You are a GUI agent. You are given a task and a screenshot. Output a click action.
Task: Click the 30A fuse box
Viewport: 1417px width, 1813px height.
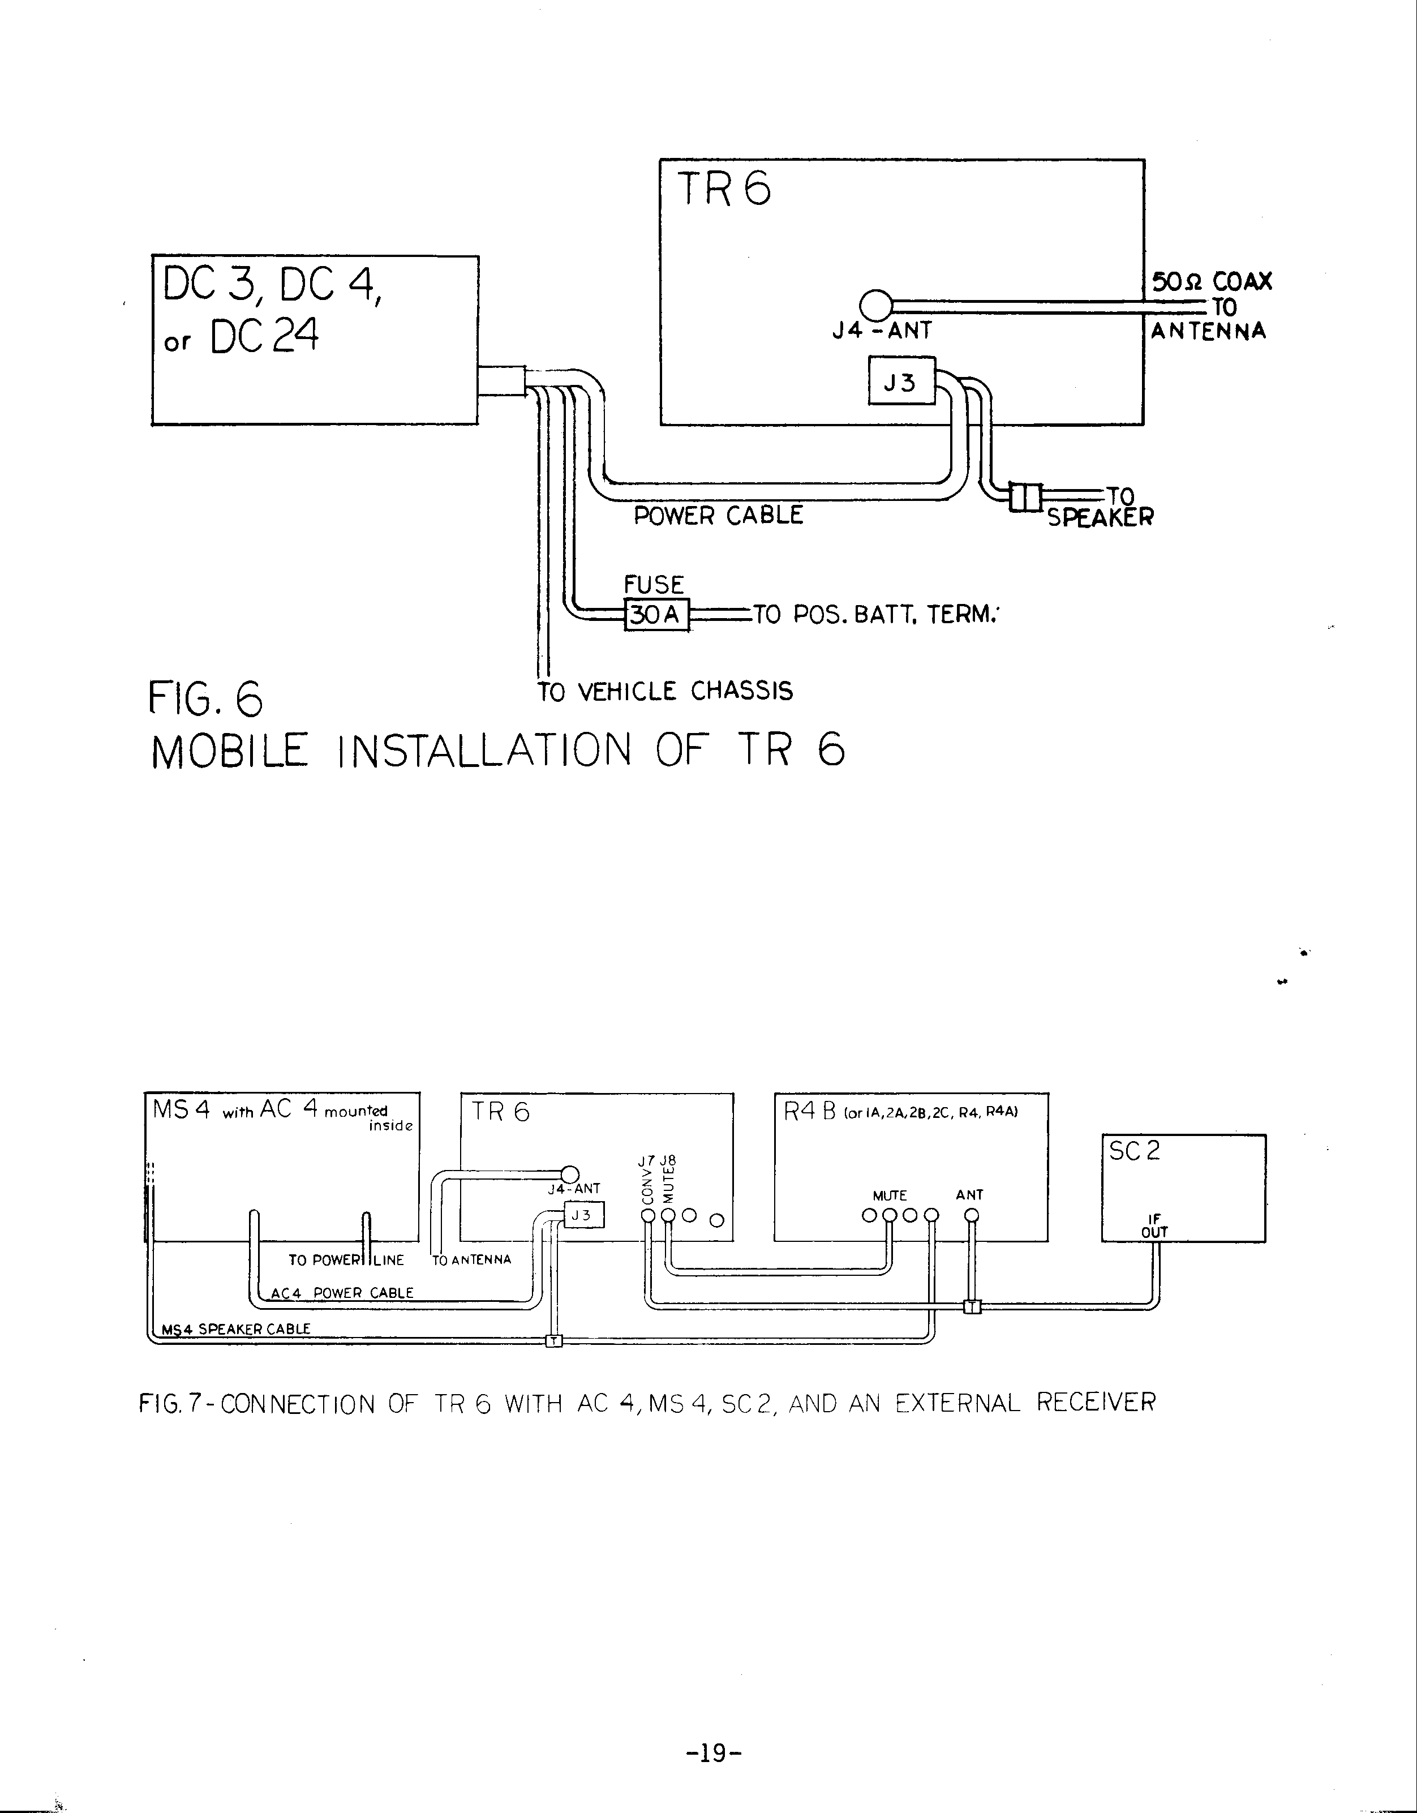656,615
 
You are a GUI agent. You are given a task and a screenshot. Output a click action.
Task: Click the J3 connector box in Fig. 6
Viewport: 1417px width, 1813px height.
901,382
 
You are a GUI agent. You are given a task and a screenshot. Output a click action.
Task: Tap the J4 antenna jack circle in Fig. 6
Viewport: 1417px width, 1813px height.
875,305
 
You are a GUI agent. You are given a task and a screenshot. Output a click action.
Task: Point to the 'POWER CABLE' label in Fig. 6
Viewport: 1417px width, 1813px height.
718,516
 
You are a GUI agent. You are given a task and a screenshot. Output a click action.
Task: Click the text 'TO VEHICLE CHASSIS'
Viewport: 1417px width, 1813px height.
665,692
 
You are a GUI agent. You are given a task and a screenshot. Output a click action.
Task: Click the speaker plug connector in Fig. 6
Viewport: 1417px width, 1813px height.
1025,496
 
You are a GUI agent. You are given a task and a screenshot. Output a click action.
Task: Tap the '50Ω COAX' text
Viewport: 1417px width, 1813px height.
1211,281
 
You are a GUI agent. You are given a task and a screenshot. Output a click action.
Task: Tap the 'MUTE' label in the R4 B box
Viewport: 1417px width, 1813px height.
889,1195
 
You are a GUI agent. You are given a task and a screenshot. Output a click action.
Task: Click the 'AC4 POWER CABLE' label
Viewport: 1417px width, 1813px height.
342,1292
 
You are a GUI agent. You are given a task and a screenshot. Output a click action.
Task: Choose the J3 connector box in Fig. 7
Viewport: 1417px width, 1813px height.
585,1215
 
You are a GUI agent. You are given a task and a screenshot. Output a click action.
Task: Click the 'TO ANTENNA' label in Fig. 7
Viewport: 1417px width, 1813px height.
471,1259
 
